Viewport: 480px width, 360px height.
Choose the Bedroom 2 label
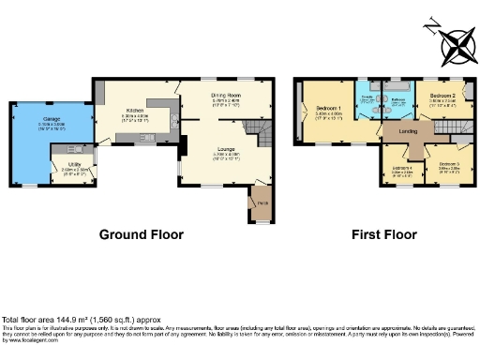(x=442, y=97)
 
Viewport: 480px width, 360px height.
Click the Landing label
(x=409, y=131)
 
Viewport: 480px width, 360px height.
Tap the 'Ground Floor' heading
(x=142, y=234)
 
